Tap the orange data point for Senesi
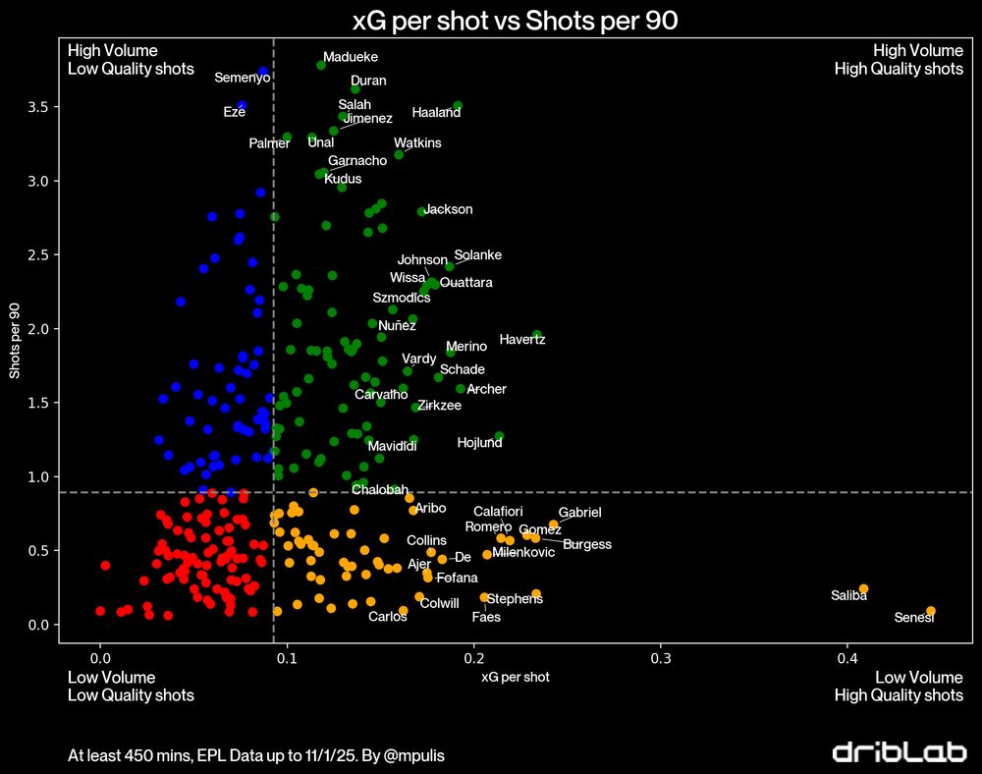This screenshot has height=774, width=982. point(931,611)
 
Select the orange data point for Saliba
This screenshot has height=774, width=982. point(863,589)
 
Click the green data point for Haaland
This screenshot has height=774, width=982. point(458,105)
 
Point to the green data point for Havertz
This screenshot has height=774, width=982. point(537,335)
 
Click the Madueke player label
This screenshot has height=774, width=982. point(351,57)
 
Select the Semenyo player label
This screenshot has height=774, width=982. point(243,77)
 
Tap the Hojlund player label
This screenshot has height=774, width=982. point(480,443)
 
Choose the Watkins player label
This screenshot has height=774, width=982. point(417,142)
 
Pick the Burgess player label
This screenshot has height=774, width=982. point(587,544)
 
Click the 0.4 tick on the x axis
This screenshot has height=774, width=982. point(848,657)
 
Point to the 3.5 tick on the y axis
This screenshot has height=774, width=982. point(37,106)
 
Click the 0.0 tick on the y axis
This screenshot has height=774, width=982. point(37,625)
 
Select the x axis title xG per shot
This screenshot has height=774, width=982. point(515,677)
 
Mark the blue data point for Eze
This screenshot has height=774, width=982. point(242,105)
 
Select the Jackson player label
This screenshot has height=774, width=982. point(448,209)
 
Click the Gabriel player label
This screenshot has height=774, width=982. point(579,512)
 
